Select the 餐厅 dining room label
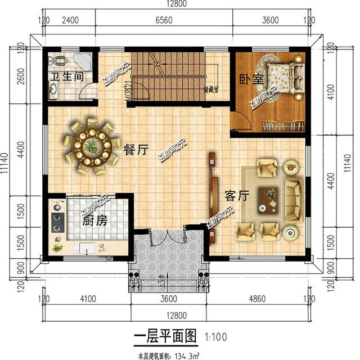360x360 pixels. click(137, 150)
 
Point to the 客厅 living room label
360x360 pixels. click(237, 196)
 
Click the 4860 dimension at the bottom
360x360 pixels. click(263, 298)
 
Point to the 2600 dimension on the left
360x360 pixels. click(20, 76)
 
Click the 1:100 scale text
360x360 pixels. click(216, 337)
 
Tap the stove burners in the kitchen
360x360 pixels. click(57, 220)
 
